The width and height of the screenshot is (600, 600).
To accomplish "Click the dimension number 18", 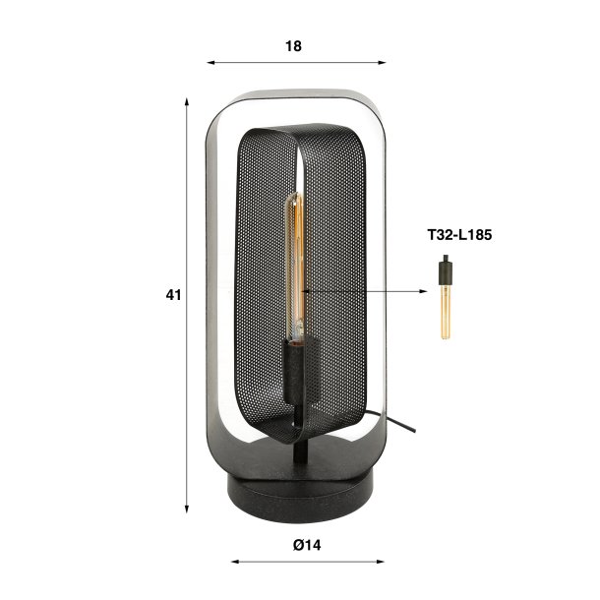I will [x=294, y=45].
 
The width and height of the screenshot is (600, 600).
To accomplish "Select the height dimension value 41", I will [x=174, y=294].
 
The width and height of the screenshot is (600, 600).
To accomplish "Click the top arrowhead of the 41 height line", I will [x=187, y=102].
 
